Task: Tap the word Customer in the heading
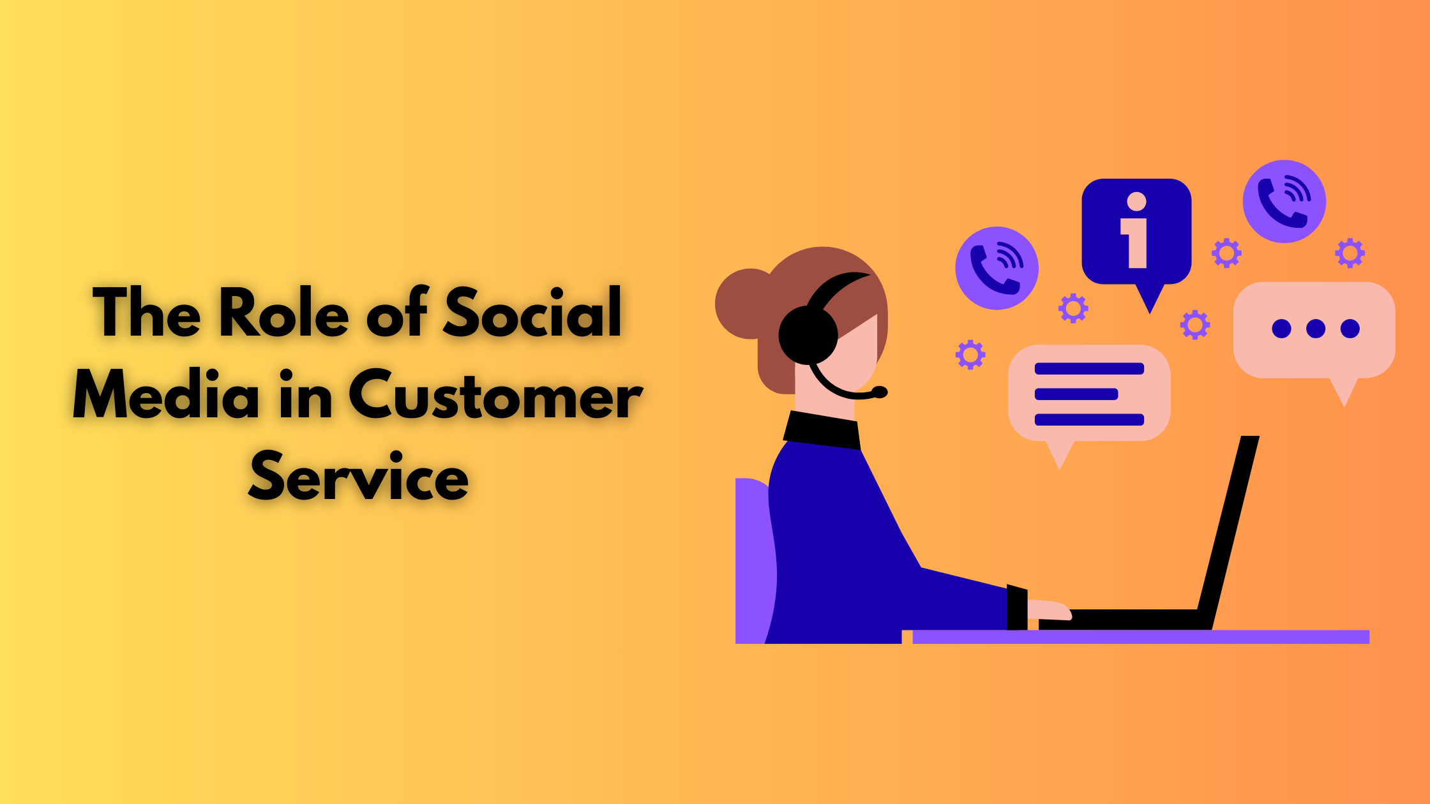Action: pos(495,396)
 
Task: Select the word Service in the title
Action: pos(358,477)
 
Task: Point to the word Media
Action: pos(166,396)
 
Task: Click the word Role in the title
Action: pos(284,312)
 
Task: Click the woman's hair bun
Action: pos(744,304)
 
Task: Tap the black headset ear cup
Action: pos(808,335)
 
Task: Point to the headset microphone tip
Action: pos(880,392)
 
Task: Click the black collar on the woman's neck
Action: pos(822,429)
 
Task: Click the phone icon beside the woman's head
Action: pos(997,268)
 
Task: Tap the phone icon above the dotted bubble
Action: pos(1284,202)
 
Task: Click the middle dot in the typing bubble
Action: pos(1315,329)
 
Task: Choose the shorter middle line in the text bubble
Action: pos(1076,394)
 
